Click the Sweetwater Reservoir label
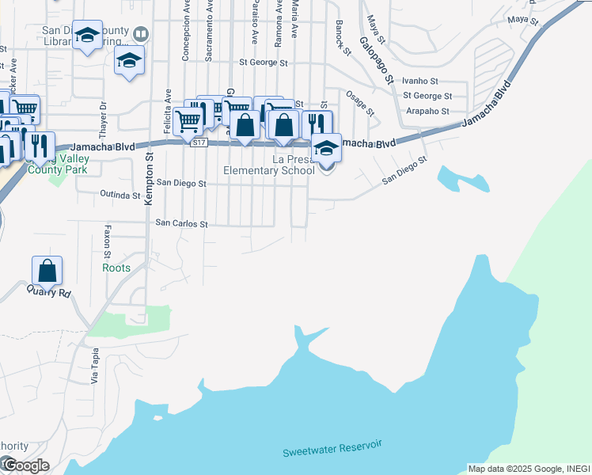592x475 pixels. pos(332,448)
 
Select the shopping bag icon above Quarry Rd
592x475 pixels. pos(47,271)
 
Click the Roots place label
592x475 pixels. pos(116,268)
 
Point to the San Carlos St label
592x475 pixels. pos(180,224)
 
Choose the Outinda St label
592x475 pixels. pos(120,194)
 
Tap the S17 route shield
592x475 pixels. pos(199,142)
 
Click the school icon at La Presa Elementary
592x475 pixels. pos(325,147)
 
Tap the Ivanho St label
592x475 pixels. pos(420,81)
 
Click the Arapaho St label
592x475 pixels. pos(427,112)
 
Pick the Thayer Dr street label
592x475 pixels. pos(103,116)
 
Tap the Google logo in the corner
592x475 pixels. pos(25,465)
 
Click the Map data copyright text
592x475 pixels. pos(529,469)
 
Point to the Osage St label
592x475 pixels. pos(359,102)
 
